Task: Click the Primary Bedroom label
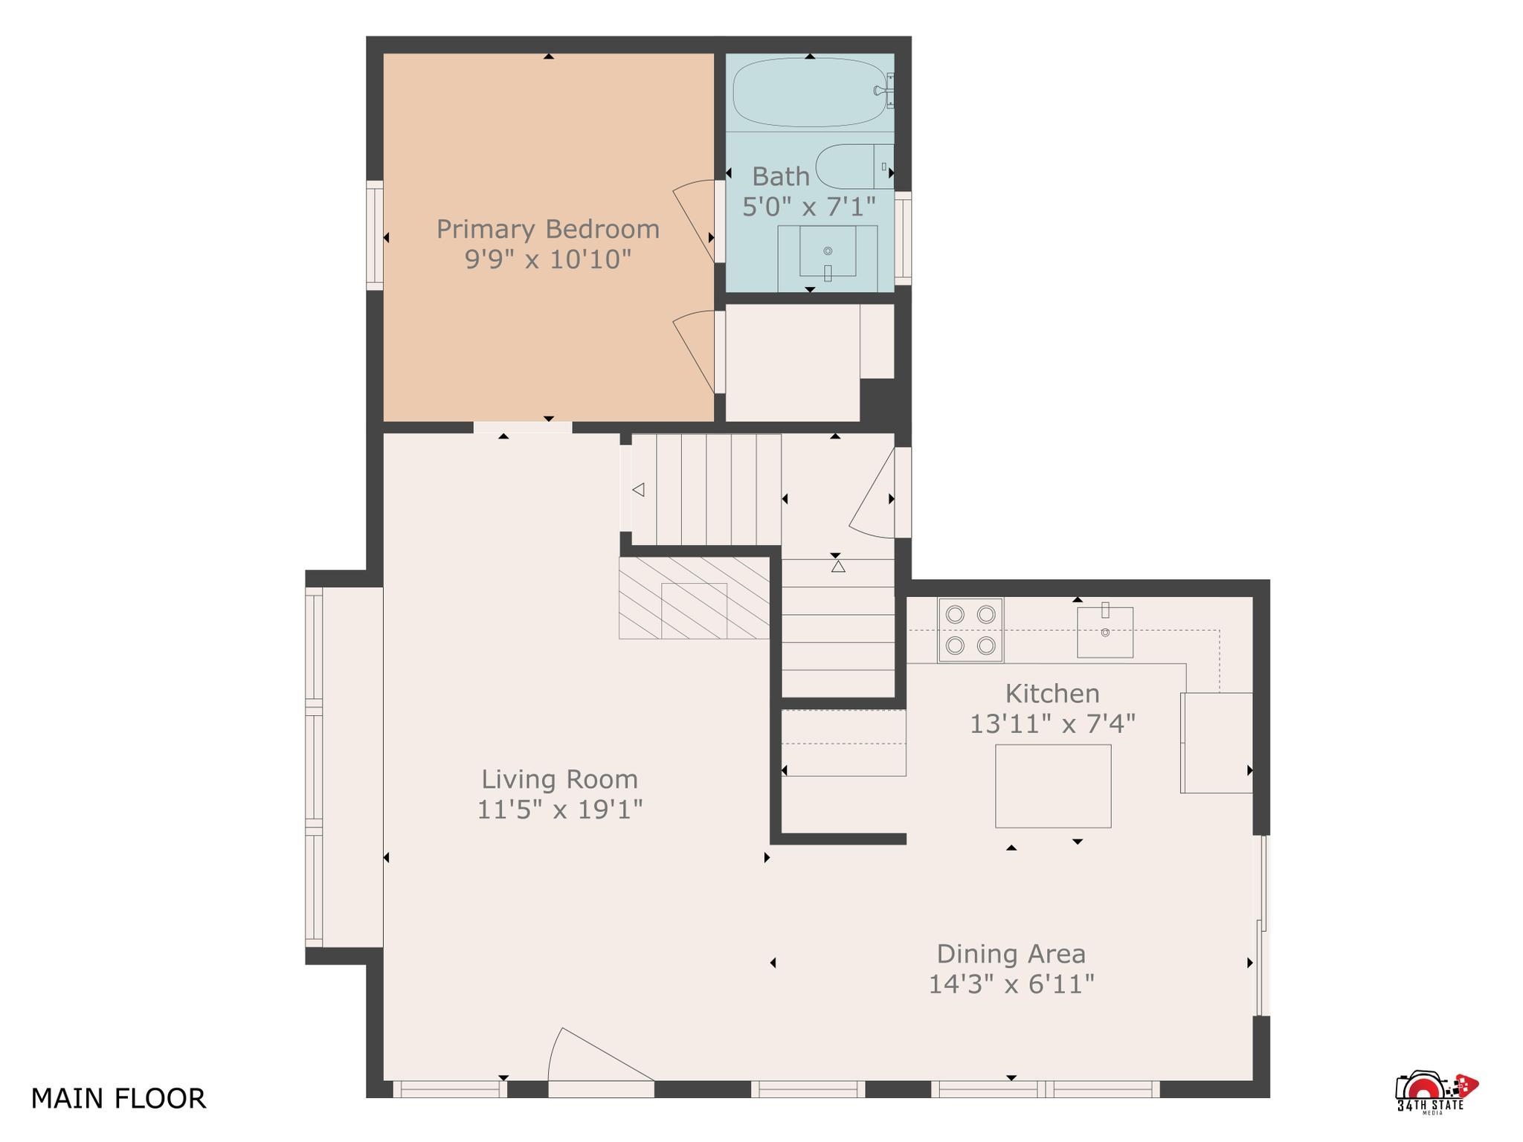click(548, 229)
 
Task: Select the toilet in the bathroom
click(854, 167)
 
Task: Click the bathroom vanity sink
click(828, 251)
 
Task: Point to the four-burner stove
click(970, 630)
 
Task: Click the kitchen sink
click(1105, 632)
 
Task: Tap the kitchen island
click(1053, 786)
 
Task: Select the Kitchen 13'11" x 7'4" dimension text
click(1052, 723)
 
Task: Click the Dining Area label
click(1011, 954)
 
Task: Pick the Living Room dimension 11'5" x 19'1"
click(559, 809)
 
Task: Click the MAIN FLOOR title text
click(118, 1098)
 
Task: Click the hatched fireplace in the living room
click(694, 598)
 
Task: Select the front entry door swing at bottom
click(601, 1054)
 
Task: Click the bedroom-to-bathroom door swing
click(695, 221)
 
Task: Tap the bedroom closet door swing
click(695, 352)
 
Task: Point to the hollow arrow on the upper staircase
click(638, 490)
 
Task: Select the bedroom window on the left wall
click(375, 235)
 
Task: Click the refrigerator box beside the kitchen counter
click(1217, 743)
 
